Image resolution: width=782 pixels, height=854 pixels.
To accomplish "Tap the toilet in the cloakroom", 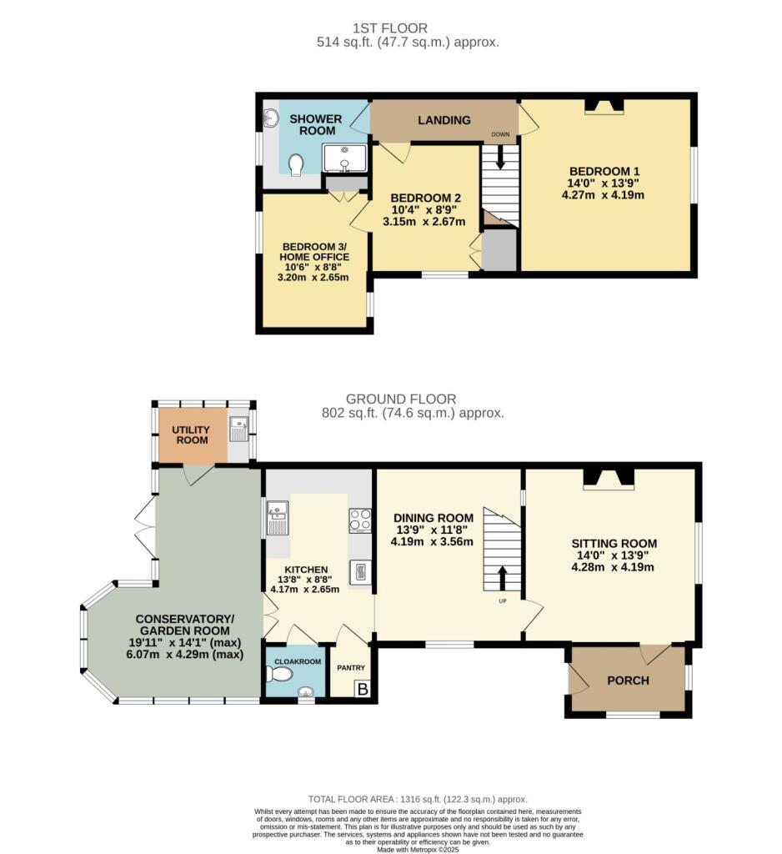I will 275,672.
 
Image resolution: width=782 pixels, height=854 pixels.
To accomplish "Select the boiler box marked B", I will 363,689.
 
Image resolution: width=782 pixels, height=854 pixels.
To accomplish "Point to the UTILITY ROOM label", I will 192,434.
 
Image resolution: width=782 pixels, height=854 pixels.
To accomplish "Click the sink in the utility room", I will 238,430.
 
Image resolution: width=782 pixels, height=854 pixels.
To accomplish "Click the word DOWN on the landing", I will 500,133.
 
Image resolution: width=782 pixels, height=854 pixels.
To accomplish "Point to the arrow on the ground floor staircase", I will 503,576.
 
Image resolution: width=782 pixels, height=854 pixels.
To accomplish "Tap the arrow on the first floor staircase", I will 500,155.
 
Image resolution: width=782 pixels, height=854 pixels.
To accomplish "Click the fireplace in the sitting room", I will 609,477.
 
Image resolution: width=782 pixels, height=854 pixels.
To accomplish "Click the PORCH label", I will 628,681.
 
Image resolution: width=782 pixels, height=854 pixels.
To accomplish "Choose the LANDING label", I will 444,120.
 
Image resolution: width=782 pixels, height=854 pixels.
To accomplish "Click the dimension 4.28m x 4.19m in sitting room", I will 612,567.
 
